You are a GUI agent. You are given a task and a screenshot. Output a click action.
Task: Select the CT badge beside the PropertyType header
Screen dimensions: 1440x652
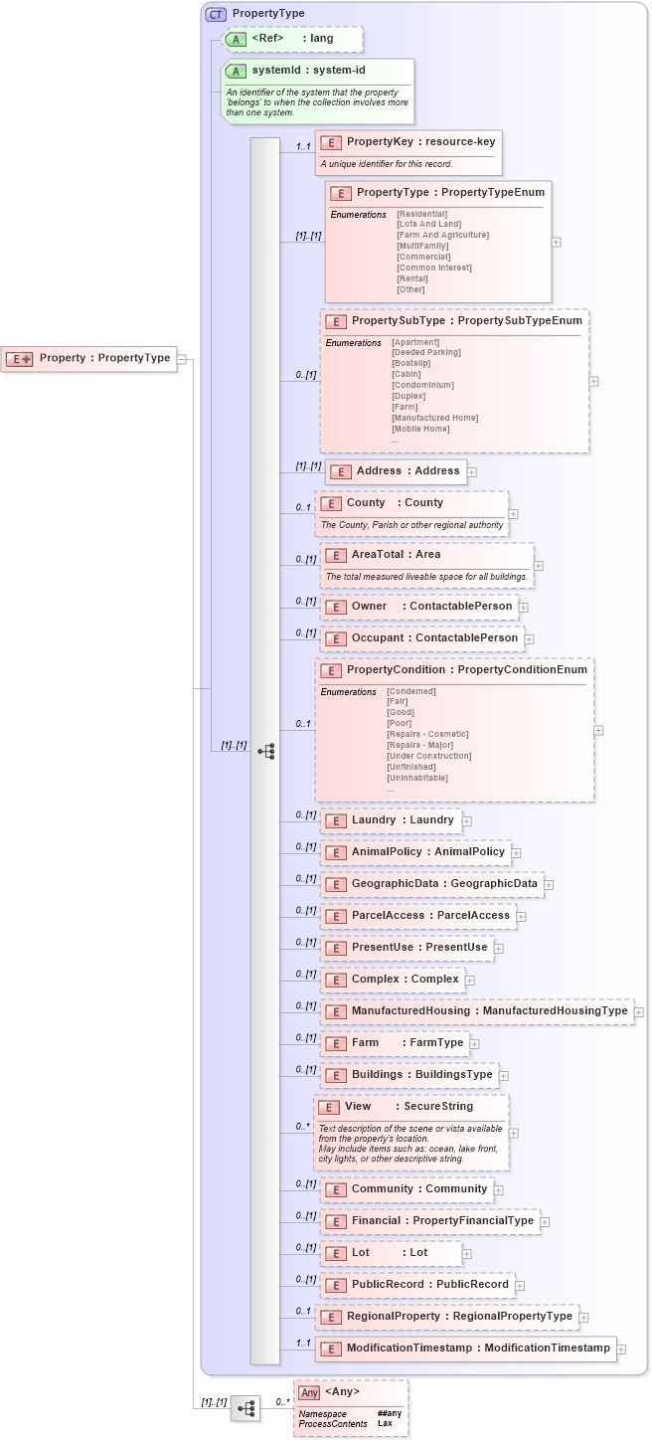click(x=215, y=14)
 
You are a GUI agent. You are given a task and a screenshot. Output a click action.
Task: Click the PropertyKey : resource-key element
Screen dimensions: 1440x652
click(x=407, y=142)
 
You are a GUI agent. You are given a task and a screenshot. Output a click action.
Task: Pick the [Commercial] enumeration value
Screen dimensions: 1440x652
click(x=422, y=257)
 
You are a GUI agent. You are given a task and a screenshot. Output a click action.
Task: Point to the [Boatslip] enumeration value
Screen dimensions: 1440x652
click(x=411, y=363)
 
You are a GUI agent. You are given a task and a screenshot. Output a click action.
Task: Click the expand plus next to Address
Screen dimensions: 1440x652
click(x=472, y=472)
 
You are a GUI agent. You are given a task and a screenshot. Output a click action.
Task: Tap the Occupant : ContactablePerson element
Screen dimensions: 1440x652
click(x=421, y=638)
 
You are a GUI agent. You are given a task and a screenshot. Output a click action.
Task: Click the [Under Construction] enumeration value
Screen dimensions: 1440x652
click(x=428, y=756)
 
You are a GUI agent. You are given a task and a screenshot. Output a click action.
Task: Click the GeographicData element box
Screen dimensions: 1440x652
click(x=431, y=884)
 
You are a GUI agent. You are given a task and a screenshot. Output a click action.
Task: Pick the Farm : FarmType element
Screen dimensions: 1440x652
click(x=395, y=1043)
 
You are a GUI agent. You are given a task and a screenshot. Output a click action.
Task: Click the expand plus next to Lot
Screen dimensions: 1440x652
click(x=467, y=1254)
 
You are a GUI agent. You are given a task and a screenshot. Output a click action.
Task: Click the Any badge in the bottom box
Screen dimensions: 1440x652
click(x=310, y=1393)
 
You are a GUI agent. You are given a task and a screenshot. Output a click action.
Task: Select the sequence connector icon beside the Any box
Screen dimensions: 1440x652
click(x=244, y=1408)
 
